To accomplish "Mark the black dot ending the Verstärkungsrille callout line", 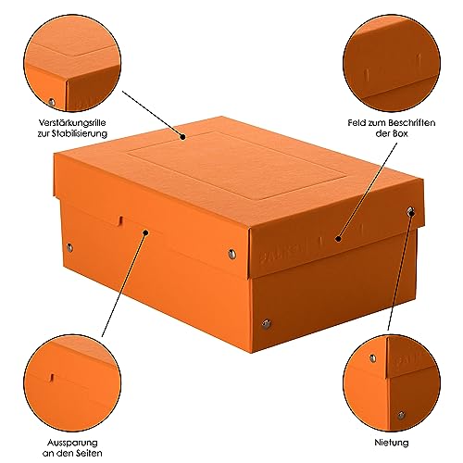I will [185, 137].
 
